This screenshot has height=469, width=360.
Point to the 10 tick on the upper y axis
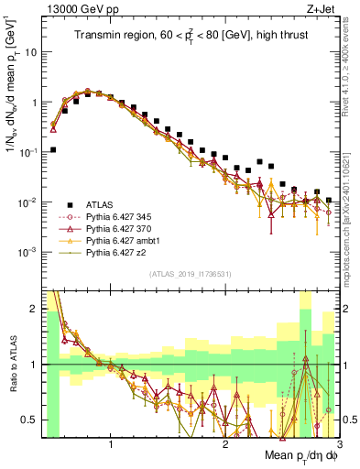coord(31,52)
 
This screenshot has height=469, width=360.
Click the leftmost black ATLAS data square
coord(53,149)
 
